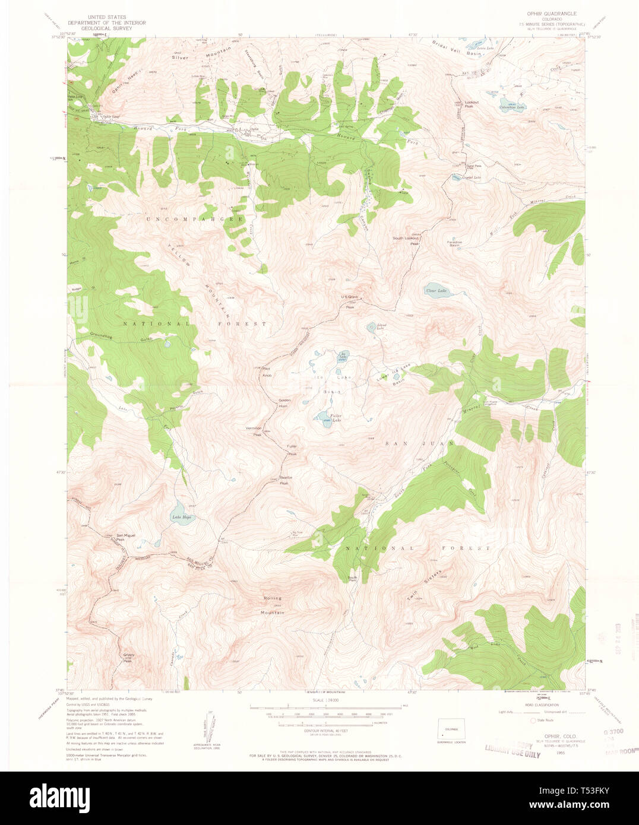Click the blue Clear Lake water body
pos(436,290)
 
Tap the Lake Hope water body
pos(181,512)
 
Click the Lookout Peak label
pos(472,103)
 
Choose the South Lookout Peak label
pos(406,240)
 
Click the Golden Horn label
pos(284,402)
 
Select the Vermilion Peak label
pos(254,431)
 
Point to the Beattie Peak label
pos(284,481)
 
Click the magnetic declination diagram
pos(205,725)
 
